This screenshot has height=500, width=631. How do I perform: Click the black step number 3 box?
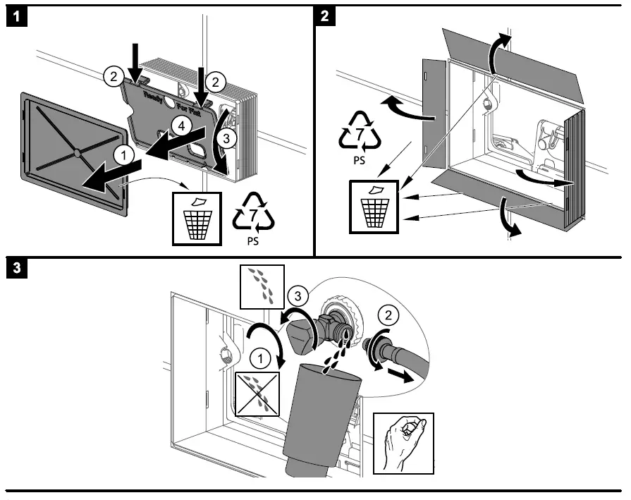[15, 269]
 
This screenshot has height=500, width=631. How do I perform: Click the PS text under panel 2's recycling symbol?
[360, 160]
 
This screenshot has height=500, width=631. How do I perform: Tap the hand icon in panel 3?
[403, 444]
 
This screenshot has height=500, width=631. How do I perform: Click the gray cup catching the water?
[321, 416]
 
